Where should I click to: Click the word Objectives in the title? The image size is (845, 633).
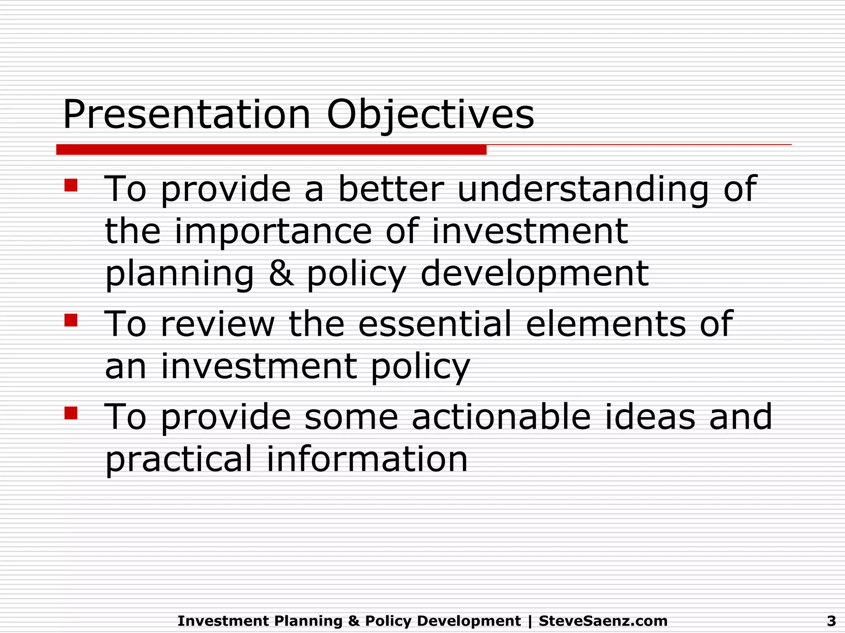click(x=430, y=115)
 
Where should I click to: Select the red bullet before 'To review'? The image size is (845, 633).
click(x=71, y=320)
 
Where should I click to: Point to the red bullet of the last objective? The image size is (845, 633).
click(x=71, y=413)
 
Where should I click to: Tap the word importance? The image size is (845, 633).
click(x=273, y=232)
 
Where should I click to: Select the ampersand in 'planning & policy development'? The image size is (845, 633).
click(x=281, y=274)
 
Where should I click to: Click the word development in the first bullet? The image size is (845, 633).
click(x=534, y=274)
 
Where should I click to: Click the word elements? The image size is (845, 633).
click(x=606, y=324)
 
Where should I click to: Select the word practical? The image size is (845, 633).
click(x=178, y=460)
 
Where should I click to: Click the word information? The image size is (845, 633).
click(x=367, y=459)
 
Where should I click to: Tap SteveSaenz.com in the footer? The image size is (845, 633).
click(x=603, y=621)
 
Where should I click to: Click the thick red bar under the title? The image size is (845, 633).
click(x=271, y=150)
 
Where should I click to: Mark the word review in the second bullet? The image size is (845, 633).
click(x=217, y=324)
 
